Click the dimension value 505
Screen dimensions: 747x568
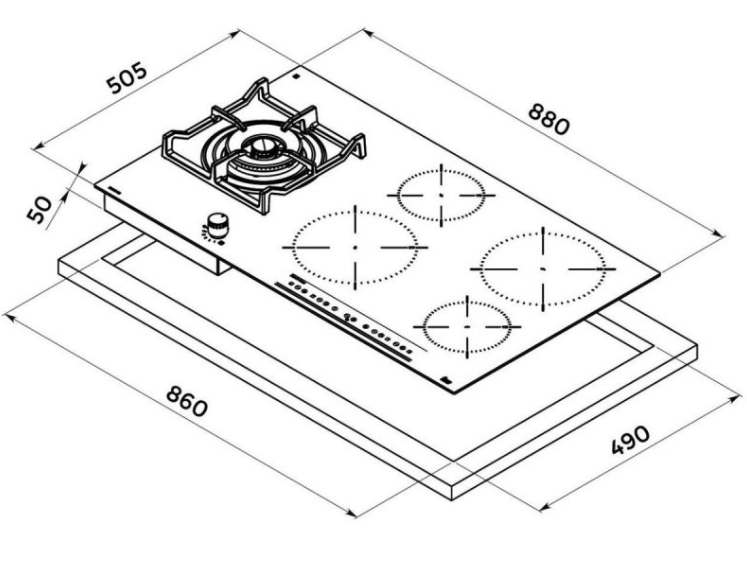click(x=127, y=78)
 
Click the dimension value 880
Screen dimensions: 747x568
click(x=548, y=120)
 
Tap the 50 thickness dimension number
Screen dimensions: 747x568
click(x=40, y=209)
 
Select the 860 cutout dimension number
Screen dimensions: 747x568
click(x=187, y=401)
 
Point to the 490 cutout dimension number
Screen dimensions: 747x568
click(x=630, y=440)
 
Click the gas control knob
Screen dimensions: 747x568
click(x=217, y=225)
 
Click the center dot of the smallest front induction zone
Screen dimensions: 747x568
click(x=467, y=327)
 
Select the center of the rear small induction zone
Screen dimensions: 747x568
click(x=441, y=195)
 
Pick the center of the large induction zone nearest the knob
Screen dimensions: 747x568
click(x=355, y=247)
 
